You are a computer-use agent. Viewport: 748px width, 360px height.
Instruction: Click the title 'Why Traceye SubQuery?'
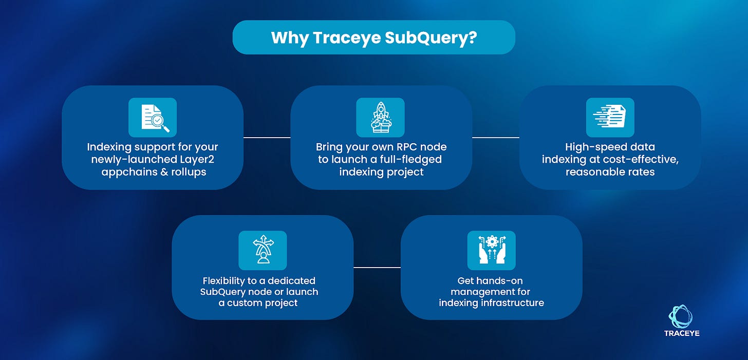(x=373, y=37)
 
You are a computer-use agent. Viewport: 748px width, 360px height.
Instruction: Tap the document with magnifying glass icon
(x=153, y=118)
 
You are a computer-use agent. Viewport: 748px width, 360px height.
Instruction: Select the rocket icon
(x=380, y=118)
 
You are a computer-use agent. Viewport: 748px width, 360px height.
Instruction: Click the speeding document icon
(x=610, y=118)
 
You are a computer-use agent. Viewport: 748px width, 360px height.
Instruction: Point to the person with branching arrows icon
(x=263, y=250)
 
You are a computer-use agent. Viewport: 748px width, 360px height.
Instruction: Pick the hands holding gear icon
(x=491, y=250)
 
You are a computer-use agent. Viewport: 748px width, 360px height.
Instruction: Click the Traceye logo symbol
(x=681, y=316)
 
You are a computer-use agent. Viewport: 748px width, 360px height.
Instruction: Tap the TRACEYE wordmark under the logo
(x=681, y=333)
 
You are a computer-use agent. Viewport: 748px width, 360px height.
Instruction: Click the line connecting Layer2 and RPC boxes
(x=267, y=137)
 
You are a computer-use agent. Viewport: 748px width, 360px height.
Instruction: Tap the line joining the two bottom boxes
(x=377, y=267)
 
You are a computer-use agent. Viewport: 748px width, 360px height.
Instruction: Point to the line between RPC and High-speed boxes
(x=496, y=137)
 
